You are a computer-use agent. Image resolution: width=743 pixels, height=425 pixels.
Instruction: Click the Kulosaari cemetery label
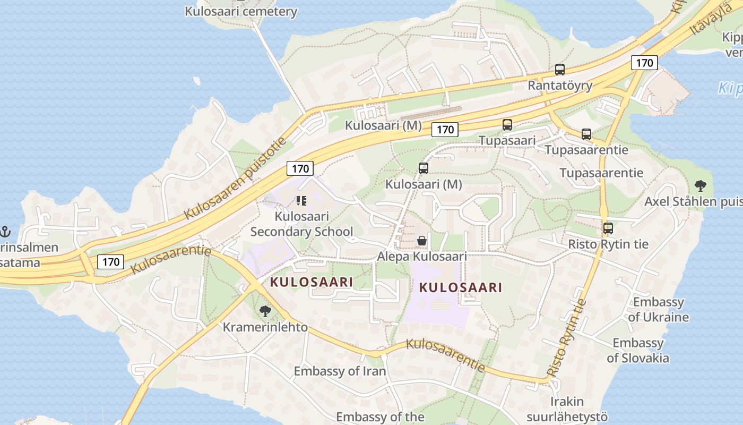(x=240, y=11)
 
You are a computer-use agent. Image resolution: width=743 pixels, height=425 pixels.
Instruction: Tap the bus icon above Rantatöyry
(x=559, y=70)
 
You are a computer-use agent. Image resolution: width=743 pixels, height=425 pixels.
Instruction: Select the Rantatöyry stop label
(x=560, y=85)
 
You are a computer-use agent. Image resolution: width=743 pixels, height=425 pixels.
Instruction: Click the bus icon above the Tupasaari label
(x=507, y=125)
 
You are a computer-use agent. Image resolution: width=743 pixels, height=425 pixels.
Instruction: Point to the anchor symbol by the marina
(x=5, y=232)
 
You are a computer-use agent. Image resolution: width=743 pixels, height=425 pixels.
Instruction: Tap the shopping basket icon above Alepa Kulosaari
(x=422, y=241)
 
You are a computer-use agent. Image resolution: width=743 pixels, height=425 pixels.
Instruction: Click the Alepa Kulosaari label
(x=422, y=257)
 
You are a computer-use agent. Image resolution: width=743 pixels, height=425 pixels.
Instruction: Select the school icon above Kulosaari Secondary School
(x=301, y=201)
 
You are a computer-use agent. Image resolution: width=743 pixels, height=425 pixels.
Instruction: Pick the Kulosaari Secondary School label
(x=301, y=224)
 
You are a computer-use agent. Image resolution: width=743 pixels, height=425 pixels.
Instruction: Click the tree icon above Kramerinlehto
(x=265, y=311)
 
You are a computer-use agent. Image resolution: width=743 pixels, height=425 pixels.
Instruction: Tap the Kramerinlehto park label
(x=265, y=327)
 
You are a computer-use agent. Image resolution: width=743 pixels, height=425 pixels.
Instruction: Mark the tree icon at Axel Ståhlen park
(x=700, y=186)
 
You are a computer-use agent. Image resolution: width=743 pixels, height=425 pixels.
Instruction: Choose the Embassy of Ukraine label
(x=658, y=310)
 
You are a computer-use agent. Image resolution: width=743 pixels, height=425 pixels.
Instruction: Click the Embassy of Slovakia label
(x=638, y=350)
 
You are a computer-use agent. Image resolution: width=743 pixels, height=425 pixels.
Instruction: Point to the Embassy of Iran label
(x=340, y=371)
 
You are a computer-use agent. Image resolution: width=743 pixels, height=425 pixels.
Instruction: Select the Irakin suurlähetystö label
(x=567, y=409)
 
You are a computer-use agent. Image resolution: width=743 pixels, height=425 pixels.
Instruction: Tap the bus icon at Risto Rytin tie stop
(x=608, y=229)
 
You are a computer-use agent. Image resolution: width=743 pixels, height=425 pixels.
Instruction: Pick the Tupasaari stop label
(x=507, y=140)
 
